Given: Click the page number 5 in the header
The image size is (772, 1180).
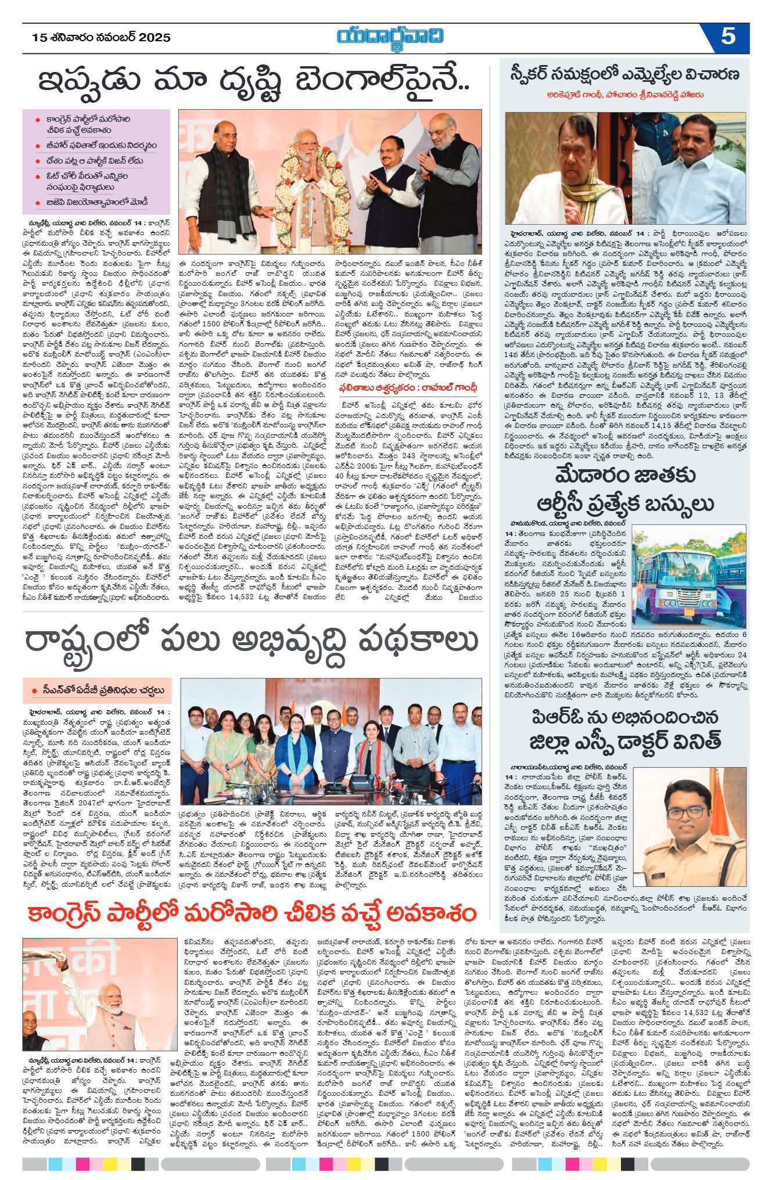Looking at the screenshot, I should tap(728, 37).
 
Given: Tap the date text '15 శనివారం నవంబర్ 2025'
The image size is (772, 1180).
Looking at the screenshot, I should tap(102, 38).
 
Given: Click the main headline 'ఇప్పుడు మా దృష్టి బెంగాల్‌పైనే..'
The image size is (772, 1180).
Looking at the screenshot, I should tap(253, 81).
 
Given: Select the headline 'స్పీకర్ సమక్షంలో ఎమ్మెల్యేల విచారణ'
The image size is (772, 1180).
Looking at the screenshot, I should tap(624, 75).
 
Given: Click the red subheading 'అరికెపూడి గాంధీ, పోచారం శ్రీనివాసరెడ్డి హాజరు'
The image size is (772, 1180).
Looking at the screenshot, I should tap(624, 95).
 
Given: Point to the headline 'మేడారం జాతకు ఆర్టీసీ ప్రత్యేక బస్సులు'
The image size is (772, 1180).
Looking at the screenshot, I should tap(624, 489).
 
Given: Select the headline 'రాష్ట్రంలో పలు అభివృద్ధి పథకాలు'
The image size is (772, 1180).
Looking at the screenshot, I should tap(251, 642).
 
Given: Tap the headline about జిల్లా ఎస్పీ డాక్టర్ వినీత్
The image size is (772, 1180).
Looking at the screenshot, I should tap(624, 729).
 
